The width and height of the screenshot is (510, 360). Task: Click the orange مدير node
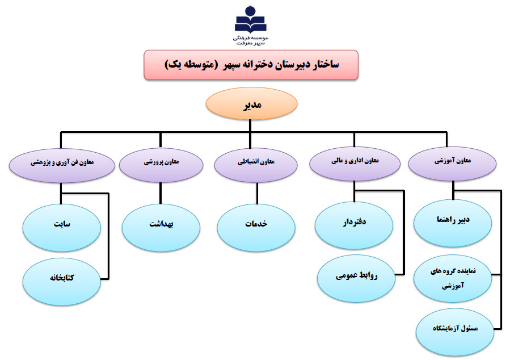pyautogui.click(x=251, y=103)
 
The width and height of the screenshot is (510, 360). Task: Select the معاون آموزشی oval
pyautogui.click(x=452, y=164)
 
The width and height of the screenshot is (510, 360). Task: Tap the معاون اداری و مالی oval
pyautogui.click(x=355, y=164)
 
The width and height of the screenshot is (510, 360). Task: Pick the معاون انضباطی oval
pyautogui.click(x=256, y=165)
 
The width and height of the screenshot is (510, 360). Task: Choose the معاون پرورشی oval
pyautogui.click(x=161, y=165)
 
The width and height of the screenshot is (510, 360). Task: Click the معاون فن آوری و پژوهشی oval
pyautogui.click(x=62, y=165)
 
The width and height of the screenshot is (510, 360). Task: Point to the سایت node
pyautogui.click(x=61, y=228)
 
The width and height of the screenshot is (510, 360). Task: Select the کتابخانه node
pyautogui.click(x=61, y=282)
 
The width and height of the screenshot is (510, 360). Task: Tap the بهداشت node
pyautogui.click(x=161, y=228)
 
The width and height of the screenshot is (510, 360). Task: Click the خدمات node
pyautogui.click(x=256, y=228)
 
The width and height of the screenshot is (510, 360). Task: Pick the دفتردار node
pyautogui.click(x=354, y=225)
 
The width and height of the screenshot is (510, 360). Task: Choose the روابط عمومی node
pyautogui.click(x=356, y=279)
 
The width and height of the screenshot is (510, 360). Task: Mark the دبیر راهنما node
pyautogui.click(x=453, y=223)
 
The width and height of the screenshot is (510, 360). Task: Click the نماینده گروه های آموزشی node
pyautogui.click(x=453, y=279)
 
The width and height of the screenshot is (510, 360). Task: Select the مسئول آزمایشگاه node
pyautogui.click(x=455, y=332)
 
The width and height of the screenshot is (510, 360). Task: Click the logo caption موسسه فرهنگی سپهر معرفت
pyautogui.click(x=250, y=40)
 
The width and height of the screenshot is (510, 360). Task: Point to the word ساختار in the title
pyautogui.click(x=324, y=65)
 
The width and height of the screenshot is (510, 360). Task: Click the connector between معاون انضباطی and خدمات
pyautogui.click(x=257, y=194)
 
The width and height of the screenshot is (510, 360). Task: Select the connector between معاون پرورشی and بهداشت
pyautogui.click(x=161, y=194)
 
